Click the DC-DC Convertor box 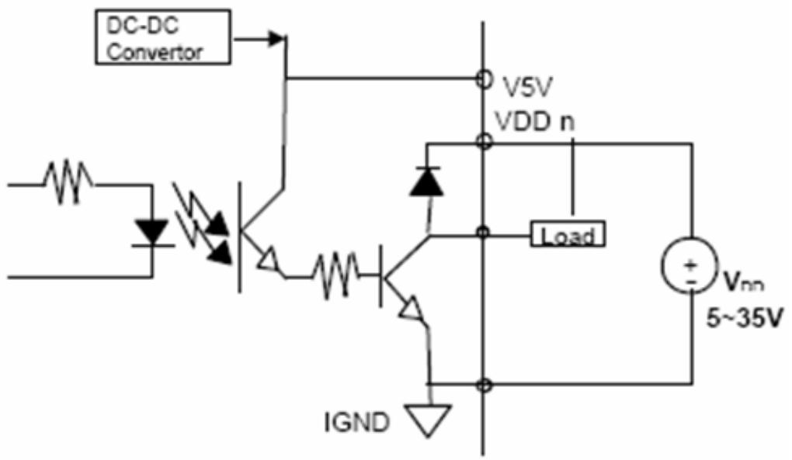(163, 36)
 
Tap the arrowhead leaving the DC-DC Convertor (276, 38)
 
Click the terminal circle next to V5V (484, 79)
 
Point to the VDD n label (535, 122)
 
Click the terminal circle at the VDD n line (484, 142)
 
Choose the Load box (568, 234)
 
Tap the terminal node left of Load (484, 233)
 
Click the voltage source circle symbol (690, 265)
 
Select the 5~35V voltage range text (745, 318)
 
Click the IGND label (357, 422)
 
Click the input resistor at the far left (68, 182)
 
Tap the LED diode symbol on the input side (152, 233)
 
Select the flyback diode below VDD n (427, 182)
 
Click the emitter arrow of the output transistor (412, 309)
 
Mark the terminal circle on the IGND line (484, 386)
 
